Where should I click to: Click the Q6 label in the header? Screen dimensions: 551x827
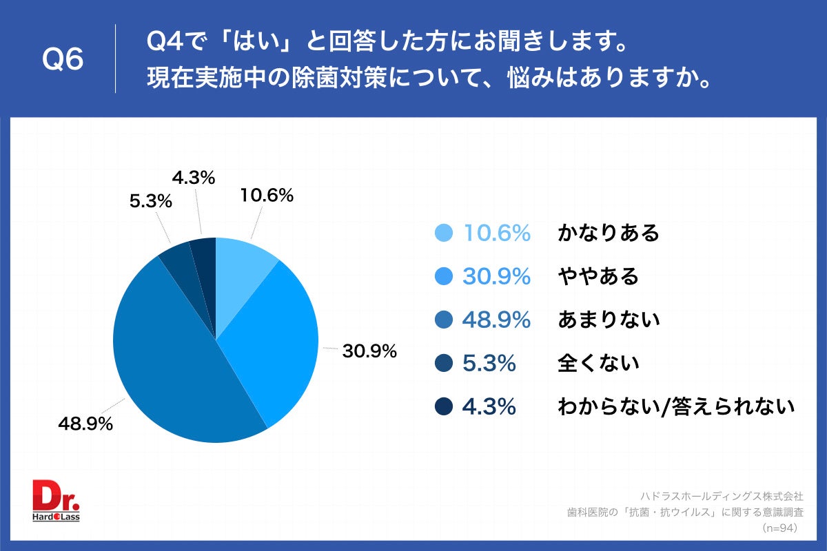pyautogui.click(x=63, y=60)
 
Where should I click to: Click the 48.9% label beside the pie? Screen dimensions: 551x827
pyautogui.click(x=85, y=424)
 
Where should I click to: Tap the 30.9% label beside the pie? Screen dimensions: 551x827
pyautogui.click(x=369, y=351)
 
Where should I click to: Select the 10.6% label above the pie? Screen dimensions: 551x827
pyautogui.click(x=267, y=196)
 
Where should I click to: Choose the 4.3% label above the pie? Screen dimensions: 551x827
pyautogui.click(x=194, y=178)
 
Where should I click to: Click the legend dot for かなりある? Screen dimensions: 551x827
pyautogui.click(x=444, y=233)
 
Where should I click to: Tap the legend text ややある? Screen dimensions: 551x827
pyautogui.click(x=598, y=277)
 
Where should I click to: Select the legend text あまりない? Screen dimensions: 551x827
pyautogui.click(x=609, y=320)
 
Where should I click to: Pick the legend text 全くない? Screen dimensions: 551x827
pyautogui.click(x=598, y=363)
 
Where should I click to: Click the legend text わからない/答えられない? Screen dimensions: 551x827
pyautogui.click(x=676, y=406)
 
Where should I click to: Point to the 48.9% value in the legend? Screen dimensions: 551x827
pyautogui.click(x=496, y=320)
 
